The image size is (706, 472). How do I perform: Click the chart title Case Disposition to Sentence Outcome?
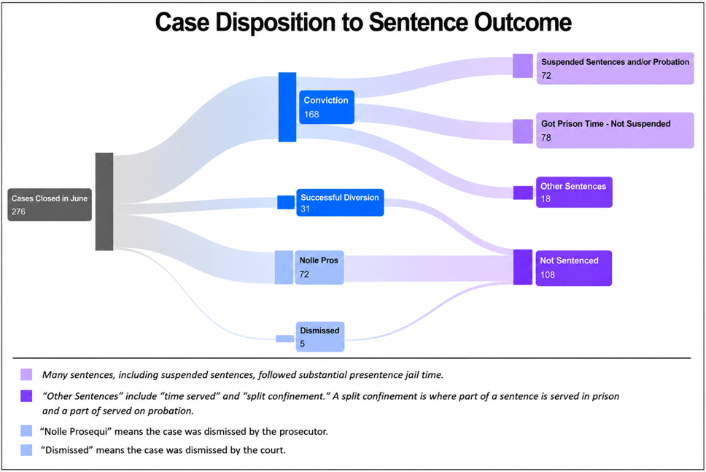pyautogui.click(x=363, y=22)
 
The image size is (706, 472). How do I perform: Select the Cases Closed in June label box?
pyautogui.click(x=50, y=204)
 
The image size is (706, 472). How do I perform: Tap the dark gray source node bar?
pyautogui.click(x=104, y=201)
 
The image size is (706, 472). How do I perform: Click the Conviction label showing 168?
pyautogui.click(x=327, y=107)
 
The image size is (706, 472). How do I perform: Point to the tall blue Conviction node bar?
pyautogui.click(x=287, y=107)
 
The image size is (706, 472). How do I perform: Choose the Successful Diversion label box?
pyautogui.click(x=340, y=203)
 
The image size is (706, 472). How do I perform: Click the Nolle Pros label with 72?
pyautogui.click(x=319, y=268)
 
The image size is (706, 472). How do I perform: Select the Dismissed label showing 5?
pyautogui.click(x=320, y=336)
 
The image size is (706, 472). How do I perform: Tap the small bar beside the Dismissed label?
pyautogui.click(x=284, y=338)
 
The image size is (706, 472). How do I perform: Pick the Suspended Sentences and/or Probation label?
pyautogui.click(x=615, y=69)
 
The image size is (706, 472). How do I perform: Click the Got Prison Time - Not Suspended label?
pyautogui.click(x=615, y=130)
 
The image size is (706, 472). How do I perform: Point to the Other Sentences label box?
pyautogui.click(x=574, y=193)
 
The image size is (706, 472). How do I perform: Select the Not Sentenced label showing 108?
pyautogui.click(x=573, y=268)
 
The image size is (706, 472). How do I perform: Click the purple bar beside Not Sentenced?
pyautogui.click(x=523, y=267)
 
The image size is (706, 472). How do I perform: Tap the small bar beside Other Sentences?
pyautogui.click(x=523, y=193)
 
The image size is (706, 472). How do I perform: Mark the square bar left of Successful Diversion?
pyautogui.click(x=286, y=202)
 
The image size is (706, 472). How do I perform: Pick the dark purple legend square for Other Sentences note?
pyautogui.click(x=26, y=396)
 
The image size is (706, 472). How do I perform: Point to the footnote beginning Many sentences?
pyautogui.click(x=243, y=375)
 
